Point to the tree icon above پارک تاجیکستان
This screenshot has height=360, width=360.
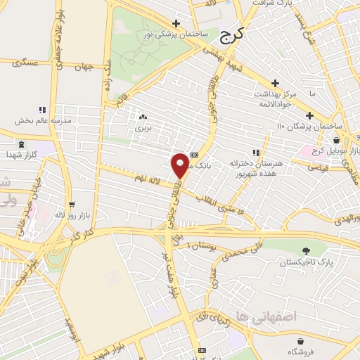coord(305,250)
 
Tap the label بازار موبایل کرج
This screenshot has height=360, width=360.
coord(338,151)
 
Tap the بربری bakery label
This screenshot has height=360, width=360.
coord(143,129)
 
